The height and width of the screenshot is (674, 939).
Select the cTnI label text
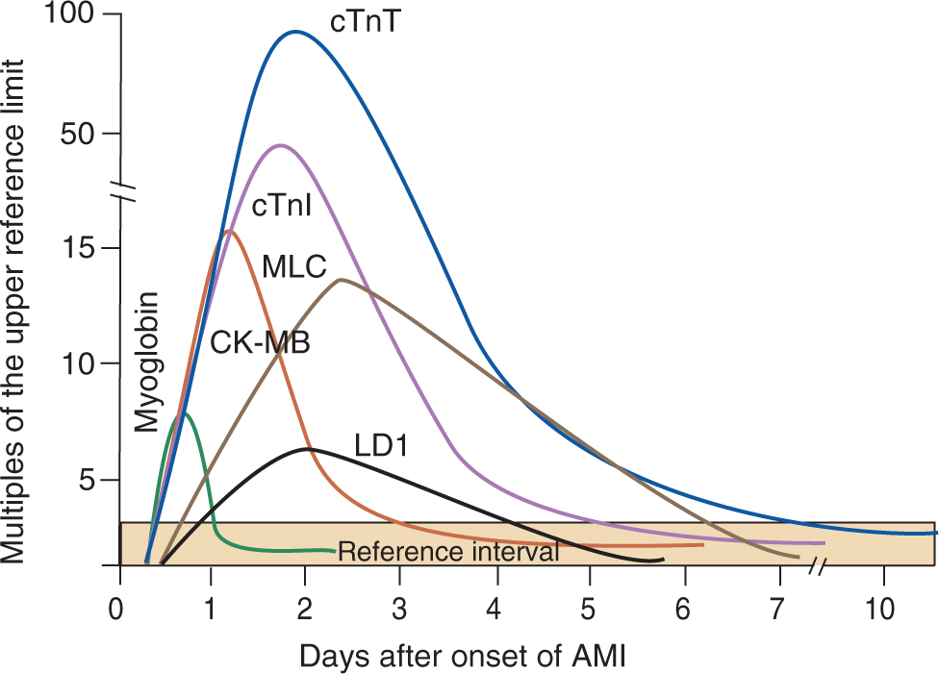click(x=281, y=207)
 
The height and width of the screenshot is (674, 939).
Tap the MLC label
click(x=293, y=265)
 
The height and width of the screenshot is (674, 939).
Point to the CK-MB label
click(x=260, y=343)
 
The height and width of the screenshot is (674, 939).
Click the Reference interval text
click(x=448, y=553)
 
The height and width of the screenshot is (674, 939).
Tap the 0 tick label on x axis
click(x=117, y=610)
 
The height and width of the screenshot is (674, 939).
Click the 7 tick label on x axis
click(x=777, y=610)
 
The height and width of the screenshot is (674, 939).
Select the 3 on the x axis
click(x=400, y=610)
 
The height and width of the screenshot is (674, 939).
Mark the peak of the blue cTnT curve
click(x=295, y=31)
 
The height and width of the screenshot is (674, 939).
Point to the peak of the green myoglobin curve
click(x=183, y=412)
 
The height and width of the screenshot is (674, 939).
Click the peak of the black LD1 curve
click(x=307, y=449)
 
